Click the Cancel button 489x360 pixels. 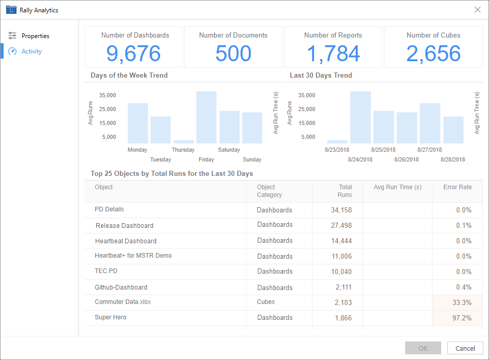coord(465,348)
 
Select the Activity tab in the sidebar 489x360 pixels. coord(31,51)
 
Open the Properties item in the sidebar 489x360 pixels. coord(35,36)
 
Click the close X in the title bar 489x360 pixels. coord(477,10)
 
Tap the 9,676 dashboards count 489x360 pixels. coord(133,53)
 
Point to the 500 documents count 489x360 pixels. coord(233,53)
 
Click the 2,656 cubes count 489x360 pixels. coord(433,53)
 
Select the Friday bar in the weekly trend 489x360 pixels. coord(206,117)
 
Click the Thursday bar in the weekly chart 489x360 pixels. coord(183,141)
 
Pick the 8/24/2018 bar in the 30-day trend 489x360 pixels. coord(360,117)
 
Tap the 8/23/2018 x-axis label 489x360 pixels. coord(338,150)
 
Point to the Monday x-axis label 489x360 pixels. coord(137,150)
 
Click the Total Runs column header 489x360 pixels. coord(345,191)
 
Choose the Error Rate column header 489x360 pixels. coord(457,187)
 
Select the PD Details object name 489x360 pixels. coord(109,209)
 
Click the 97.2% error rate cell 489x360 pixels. coord(457,318)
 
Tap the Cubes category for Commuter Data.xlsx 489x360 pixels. coord(266,302)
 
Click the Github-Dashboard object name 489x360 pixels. coord(121,287)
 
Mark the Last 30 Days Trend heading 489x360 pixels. coord(321,75)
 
